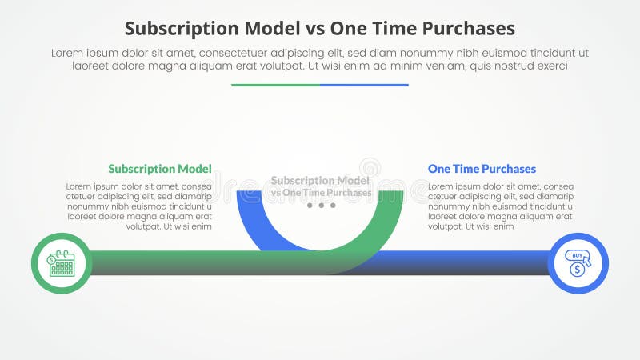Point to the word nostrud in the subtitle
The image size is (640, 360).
click(519, 66)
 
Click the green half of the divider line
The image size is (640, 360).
click(275, 85)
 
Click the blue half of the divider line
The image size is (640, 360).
click(364, 85)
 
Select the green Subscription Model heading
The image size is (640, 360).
click(160, 169)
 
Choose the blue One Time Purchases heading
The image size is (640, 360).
click(482, 169)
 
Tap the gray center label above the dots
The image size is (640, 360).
click(321, 186)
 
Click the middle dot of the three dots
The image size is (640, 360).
click(321, 206)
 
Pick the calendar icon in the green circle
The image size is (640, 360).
click(61, 263)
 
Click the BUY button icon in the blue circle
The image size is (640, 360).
click(578, 257)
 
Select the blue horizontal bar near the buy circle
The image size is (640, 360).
click(480, 262)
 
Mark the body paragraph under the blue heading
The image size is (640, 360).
click(501, 206)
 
